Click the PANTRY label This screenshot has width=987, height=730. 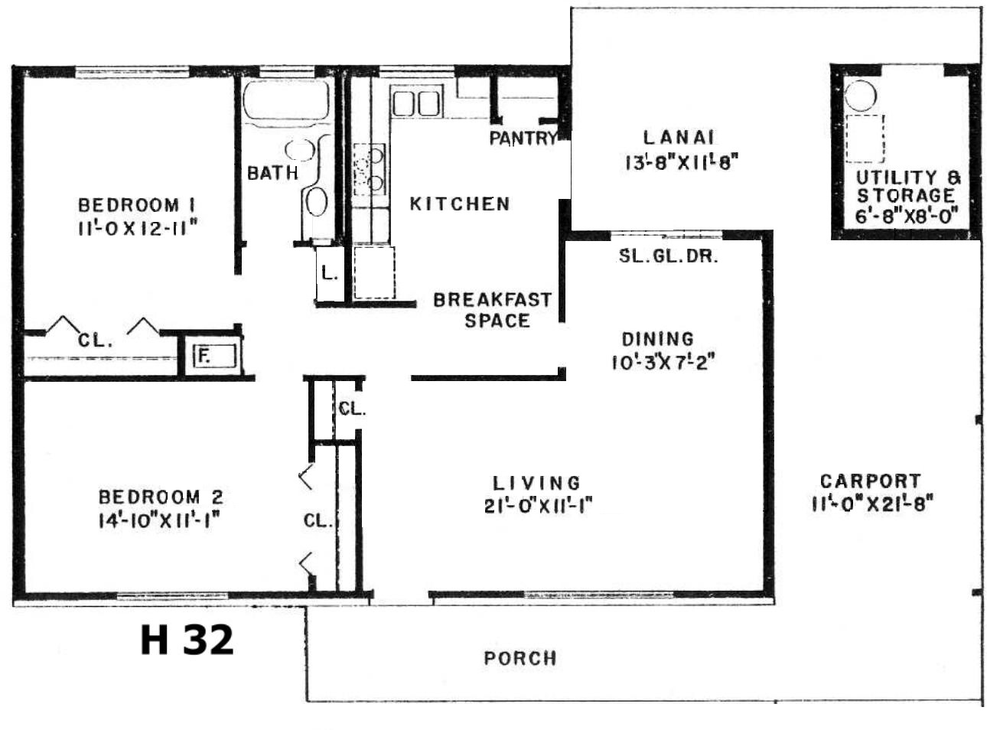[x=523, y=138]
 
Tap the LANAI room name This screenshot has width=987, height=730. [x=679, y=138]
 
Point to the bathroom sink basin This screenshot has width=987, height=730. [x=299, y=150]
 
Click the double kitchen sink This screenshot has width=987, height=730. [x=416, y=102]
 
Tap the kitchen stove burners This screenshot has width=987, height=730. [x=370, y=170]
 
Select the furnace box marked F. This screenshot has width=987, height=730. [x=214, y=356]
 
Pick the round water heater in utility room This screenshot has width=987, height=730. [x=861, y=95]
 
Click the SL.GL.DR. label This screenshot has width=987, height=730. [x=669, y=256]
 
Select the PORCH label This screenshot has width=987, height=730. [x=520, y=658]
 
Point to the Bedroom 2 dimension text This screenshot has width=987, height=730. [x=160, y=521]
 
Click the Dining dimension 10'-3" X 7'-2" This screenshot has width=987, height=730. [x=663, y=363]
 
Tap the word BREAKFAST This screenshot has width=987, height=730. [x=493, y=300]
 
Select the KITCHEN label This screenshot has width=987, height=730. [x=460, y=204]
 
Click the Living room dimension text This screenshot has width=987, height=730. [x=539, y=506]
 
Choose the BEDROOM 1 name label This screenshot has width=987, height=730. [x=137, y=205]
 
